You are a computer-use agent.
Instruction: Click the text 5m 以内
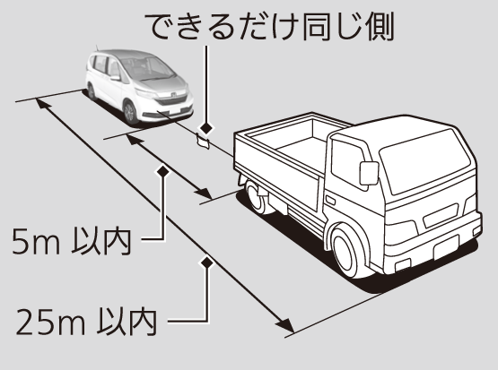(72, 242)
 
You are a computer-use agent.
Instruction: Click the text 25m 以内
(87, 323)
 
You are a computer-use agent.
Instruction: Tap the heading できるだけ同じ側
(270, 27)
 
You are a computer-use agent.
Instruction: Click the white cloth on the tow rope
(203, 142)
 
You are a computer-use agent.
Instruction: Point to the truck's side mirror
(369, 173)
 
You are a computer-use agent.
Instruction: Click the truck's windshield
(425, 161)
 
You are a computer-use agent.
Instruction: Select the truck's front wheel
(348, 251)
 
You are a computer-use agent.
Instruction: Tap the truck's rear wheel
(256, 196)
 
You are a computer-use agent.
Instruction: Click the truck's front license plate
(446, 247)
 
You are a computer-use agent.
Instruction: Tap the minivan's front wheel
(130, 112)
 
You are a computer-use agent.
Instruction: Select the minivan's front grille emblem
(174, 95)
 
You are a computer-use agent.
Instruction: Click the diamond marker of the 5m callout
(163, 171)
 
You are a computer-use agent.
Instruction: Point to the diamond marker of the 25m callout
(207, 262)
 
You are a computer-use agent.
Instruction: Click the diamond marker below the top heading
(206, 128)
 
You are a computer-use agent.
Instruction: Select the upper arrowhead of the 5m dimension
(133, 139)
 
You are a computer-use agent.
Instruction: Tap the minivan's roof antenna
(97, 47)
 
